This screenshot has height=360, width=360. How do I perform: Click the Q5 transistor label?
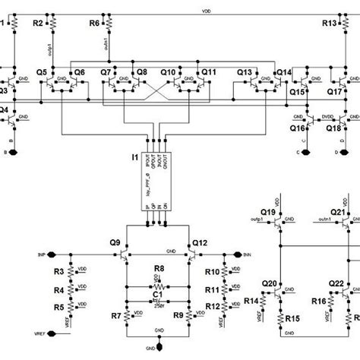coord(41,72)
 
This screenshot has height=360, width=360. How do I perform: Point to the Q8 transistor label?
coord(141,72)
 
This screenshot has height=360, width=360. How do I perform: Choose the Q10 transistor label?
coord(169,72)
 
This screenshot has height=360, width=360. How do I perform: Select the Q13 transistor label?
coord(245,72)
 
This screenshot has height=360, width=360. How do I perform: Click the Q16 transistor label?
coord(298,129)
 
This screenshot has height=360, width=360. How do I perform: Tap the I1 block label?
coord(135,157)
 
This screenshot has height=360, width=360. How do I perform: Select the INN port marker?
coord(247,254)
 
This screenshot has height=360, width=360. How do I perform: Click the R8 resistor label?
coord(159,269)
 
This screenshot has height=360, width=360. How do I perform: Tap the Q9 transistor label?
coord(115,243)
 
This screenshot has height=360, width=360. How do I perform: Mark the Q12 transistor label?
coord(200,243)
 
